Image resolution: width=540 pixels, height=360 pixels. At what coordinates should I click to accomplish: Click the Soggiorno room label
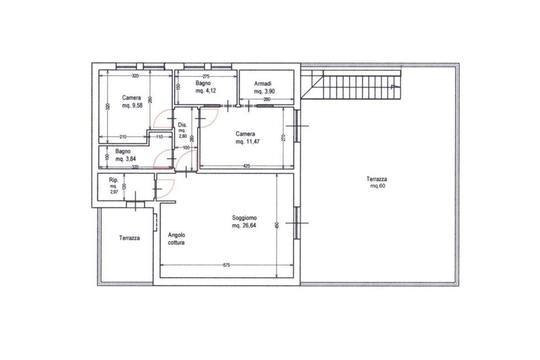pos(244,218)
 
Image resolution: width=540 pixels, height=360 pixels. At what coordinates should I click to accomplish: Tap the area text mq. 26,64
pos(244,225)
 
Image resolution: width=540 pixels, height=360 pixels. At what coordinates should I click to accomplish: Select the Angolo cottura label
pos(176,238)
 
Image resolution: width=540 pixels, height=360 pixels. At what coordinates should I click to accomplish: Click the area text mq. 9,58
pos(132,106)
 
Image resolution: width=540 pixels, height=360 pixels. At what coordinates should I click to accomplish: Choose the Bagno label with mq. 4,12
pos(203,83)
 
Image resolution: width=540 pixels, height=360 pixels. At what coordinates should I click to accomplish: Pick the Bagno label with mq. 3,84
pos(123,152)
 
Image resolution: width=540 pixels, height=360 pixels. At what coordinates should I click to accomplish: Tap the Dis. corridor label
pos(182,125)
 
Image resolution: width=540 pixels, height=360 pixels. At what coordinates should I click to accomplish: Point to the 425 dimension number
pos(246,166)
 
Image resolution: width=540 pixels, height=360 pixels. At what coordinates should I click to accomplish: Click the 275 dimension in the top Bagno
pos(207,76)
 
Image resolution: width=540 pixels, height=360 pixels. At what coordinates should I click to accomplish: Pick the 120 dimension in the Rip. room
pos(125,187)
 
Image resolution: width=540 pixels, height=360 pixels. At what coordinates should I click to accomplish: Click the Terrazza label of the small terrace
pos(129,238)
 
